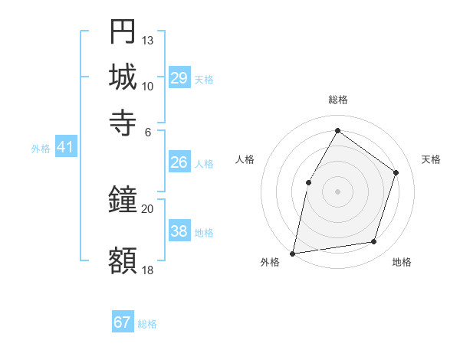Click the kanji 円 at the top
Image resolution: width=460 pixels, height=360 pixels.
pos(123,31)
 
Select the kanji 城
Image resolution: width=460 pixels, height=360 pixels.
pos(123,77)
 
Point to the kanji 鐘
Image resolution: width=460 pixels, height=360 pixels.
pos(123,201)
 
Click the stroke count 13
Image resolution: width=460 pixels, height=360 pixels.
pos(148,40)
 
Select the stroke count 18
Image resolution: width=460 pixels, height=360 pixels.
pos(148,270)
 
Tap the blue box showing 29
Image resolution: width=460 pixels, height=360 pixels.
pos(179,78)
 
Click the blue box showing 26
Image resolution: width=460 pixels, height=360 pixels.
pos(179,162)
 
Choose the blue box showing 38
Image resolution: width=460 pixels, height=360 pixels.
pos(179,231)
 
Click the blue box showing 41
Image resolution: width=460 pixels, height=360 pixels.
pos(65,148)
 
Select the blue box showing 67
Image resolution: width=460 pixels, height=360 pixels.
pos(123,322)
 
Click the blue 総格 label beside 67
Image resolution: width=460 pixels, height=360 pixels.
pos(147,324)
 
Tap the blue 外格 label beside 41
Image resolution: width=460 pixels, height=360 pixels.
pos(41,149)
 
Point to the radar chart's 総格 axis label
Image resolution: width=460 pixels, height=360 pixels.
pos(337,100)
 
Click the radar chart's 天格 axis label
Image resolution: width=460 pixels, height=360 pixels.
pos(431,159)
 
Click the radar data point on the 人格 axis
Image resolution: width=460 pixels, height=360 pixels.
pos(308,182)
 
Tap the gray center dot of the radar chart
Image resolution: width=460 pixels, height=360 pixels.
pos(337,191)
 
